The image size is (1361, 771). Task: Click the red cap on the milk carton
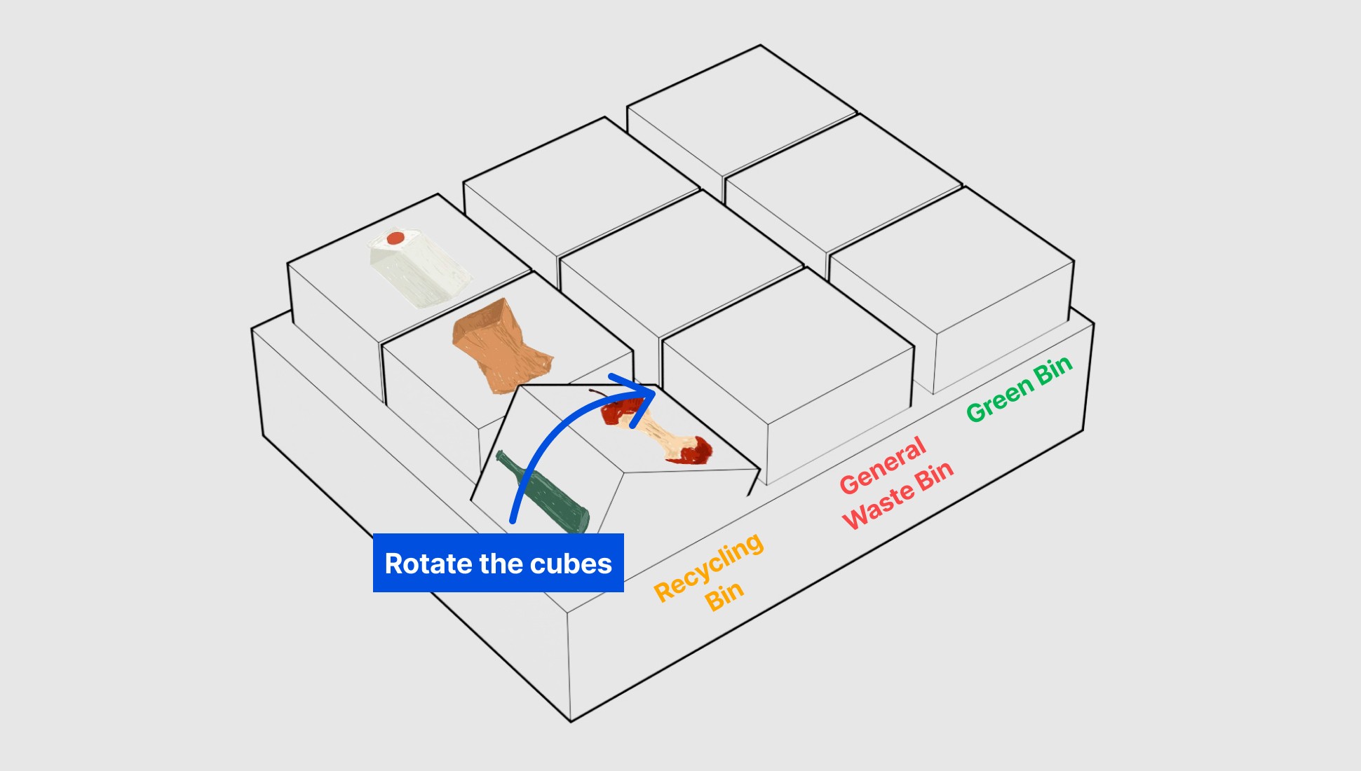pos(395,238)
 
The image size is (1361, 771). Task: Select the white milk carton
pos(419,270)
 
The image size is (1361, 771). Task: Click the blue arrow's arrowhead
pos(642,393)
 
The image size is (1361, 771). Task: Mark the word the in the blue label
pos(501,564)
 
